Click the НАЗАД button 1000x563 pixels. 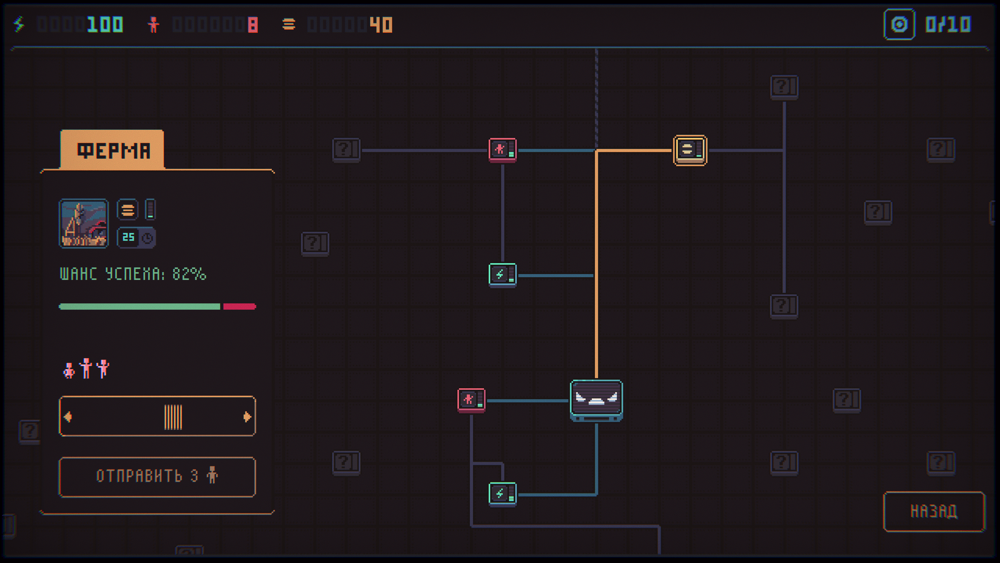coord(934,511)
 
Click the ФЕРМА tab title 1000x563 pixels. coord(114,151)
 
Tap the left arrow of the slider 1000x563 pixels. coord(68,417)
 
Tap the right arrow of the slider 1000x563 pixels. coord(247,417)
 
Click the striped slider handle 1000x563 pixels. coord(173,417)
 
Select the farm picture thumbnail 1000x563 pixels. coord(84,224)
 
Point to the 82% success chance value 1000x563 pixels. coord(189,274)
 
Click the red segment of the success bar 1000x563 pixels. coord(239,307)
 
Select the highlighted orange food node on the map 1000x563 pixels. coord(690,150)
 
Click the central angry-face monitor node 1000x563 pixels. coord(596,400)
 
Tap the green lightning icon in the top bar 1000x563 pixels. coord(19,24)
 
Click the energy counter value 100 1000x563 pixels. coord(105,25)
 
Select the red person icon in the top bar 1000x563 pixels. coord(154,25)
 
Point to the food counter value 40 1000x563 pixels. coord(381,25)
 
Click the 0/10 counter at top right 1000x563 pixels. coord(948,24)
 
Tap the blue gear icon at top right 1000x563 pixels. coord(899,25)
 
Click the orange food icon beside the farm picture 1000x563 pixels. coord(128,210)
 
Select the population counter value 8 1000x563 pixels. coord(253,25)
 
